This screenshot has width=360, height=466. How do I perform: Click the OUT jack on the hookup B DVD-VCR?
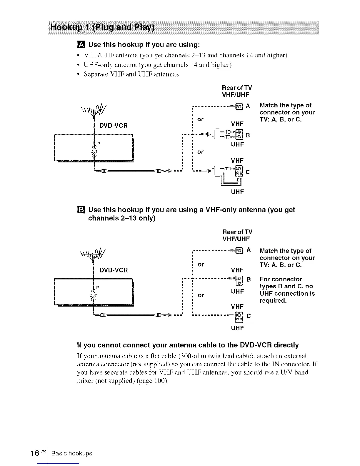(x=94, y=299)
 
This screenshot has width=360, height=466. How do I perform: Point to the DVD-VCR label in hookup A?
(x=114, y=126)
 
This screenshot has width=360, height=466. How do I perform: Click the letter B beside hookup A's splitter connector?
(x=248, y=135)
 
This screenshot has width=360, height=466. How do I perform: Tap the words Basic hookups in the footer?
(x=71, y=453)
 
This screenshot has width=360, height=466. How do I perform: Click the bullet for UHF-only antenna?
(x=78, y=65)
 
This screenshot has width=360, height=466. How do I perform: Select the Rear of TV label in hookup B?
(x=237, y=232)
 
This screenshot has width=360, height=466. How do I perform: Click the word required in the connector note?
(x=273, y=301)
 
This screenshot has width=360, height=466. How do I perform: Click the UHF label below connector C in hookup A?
(x=237, y=192)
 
